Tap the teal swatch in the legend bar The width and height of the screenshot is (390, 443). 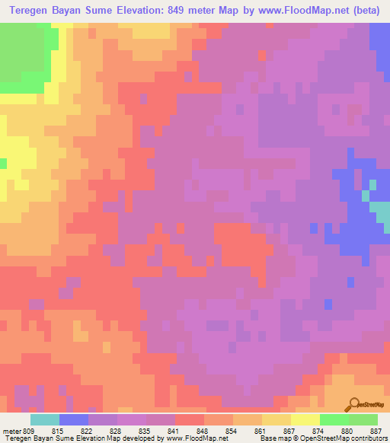pyautogui.click(x=45, y=419)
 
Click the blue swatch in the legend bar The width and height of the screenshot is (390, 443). pyautogui.click(x=74, y=419)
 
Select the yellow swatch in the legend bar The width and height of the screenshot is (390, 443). pyautogui.click(x=305, y=419)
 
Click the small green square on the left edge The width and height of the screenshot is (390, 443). pyautogui.click(x=3, y=163)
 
